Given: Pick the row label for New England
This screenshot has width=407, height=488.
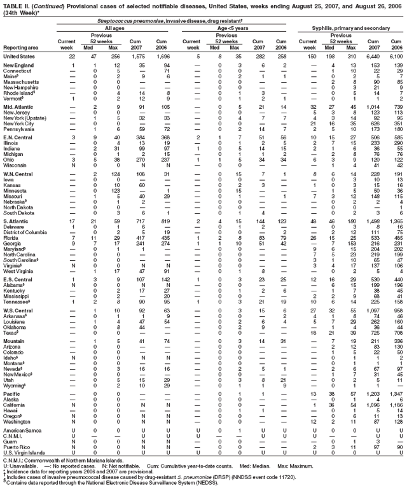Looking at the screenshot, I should (18, 66).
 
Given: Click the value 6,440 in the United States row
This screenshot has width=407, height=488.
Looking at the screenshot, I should (376, 57).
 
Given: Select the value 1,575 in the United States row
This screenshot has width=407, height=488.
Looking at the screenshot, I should (137, 57).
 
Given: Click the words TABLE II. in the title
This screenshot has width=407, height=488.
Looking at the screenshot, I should (15, 4).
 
